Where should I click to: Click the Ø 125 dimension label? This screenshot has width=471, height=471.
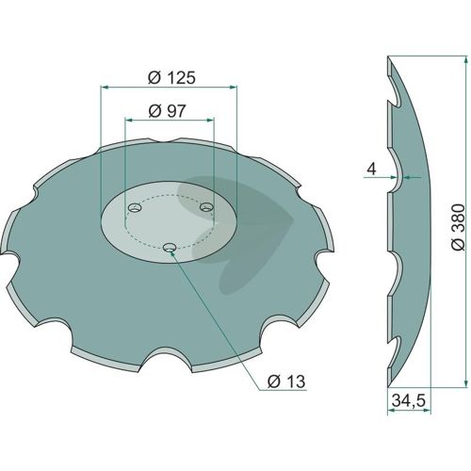pos(171,78)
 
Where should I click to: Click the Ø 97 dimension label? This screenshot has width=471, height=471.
pos(168,111)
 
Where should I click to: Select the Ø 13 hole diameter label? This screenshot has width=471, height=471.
pos(286,382)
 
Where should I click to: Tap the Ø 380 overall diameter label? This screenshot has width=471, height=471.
pos(458,227)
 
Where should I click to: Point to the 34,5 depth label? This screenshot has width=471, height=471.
pos(409,401)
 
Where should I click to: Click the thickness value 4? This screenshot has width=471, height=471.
pos(371,170)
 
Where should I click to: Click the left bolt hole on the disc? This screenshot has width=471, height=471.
pos(135,208)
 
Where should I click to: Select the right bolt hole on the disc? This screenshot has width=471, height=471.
pos(206,207)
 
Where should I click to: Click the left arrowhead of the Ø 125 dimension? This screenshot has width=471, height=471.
pos(104,88)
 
